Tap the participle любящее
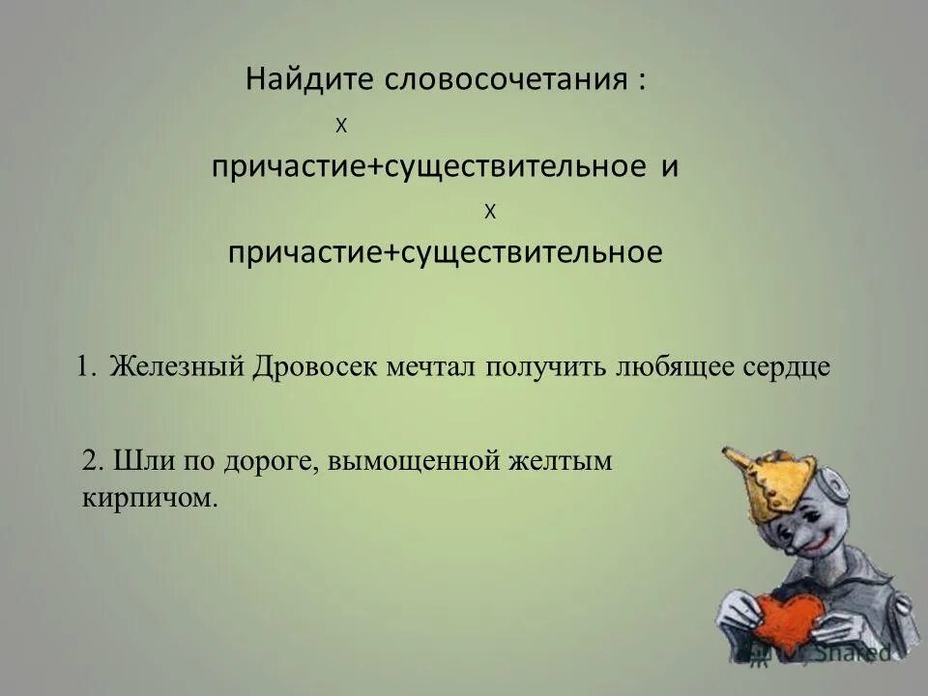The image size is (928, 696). [x=676, y=368]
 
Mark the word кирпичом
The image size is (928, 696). [x=145, y=498]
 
